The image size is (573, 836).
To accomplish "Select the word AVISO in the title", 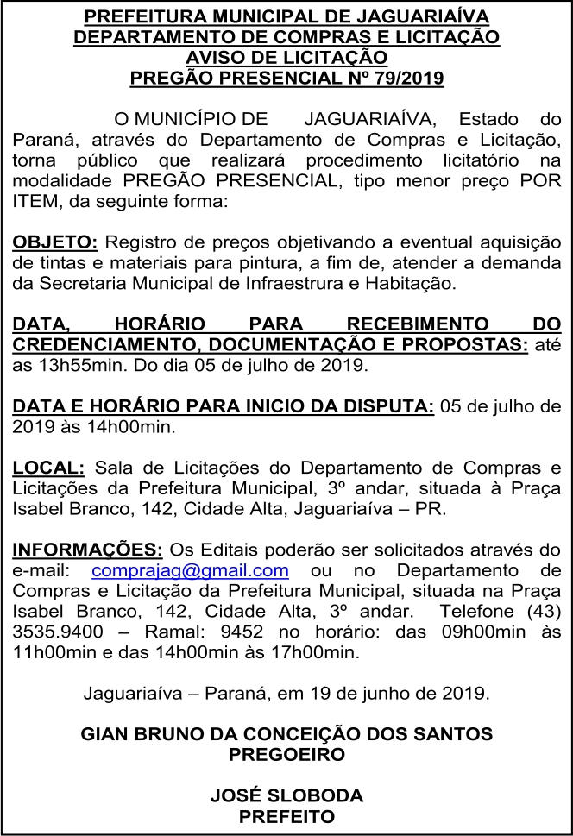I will pos(216,59).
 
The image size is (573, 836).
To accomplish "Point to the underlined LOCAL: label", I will pos(48,468).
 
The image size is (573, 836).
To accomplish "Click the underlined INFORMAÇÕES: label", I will pos(87,550).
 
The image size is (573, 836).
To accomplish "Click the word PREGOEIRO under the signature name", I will pos(286,755).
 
